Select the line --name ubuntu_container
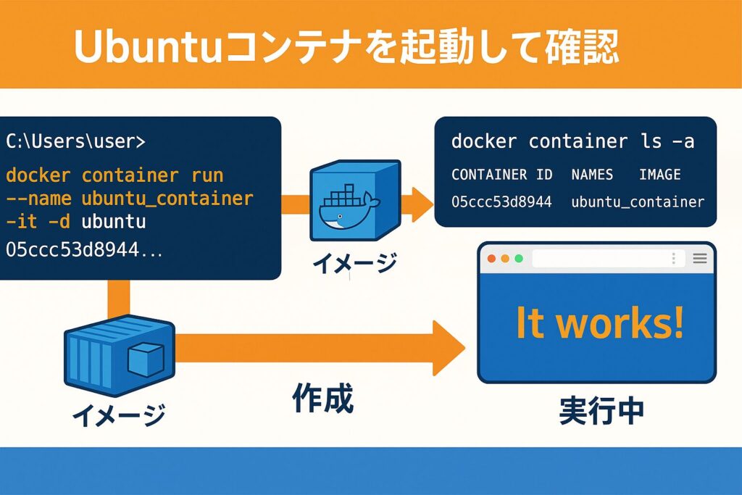point(130,199)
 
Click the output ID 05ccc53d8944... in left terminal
point(84,250)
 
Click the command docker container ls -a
point(572,141)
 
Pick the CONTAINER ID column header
point(501,175)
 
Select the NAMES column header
point(592,175)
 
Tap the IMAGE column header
point(659,175)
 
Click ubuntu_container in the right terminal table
point(638,201)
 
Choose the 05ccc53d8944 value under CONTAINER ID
point(501,201)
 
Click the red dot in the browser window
point(492,259)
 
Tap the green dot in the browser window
point(518,259)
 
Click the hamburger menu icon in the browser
point(700,259)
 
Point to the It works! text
point(599,323)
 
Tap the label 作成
point(322,398)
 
